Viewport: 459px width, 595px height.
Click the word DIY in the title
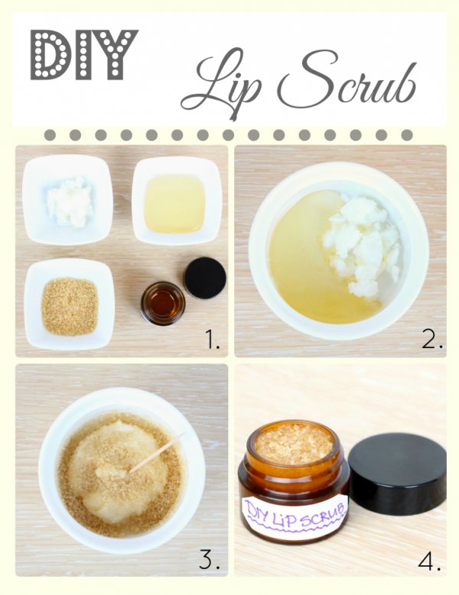(84, 55)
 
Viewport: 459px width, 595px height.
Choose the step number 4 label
(429, 558)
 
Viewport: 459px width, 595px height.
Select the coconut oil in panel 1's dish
(70, 202)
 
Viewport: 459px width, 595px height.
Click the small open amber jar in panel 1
(163, 303)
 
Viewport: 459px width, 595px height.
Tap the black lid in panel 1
(205, 277)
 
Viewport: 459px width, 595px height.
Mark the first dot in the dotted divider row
(50, 135)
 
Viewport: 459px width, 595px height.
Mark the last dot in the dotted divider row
(407, 135)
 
